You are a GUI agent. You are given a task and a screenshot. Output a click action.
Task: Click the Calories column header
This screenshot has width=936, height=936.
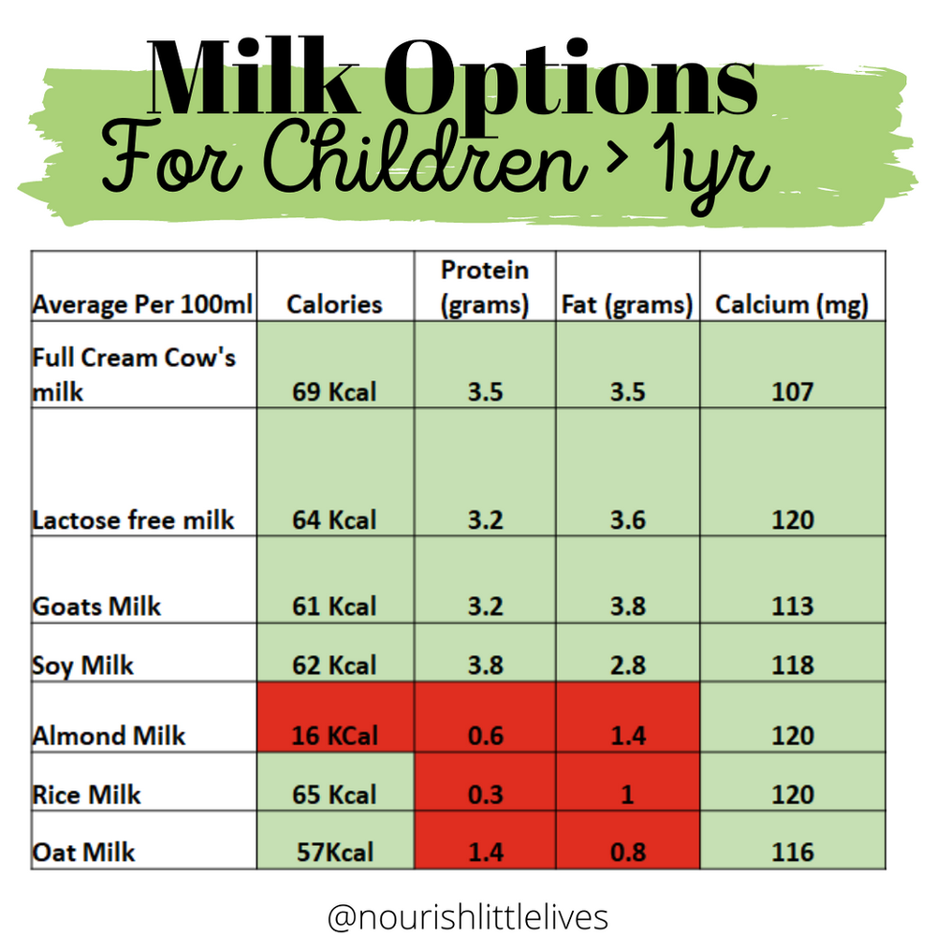pyautogui.click(x=334, y=304)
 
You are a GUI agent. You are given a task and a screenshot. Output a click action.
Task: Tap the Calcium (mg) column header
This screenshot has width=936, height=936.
pyautogui.click(x=792, y=304)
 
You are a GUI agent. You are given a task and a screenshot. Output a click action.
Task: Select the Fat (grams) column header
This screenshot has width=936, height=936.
pyautogui.click(x=627, y=304)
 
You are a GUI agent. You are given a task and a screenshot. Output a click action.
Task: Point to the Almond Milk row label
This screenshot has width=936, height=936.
pyautogui.click(x=109, y=736)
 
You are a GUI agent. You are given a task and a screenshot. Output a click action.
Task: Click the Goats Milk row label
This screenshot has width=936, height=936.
pyautogui.click(x=96, y=607)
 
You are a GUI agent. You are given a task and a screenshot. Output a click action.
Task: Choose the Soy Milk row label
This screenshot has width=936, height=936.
pyautogui.click(x=83, y=665)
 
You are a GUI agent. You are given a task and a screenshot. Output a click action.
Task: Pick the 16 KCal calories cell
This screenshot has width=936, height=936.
pyautogui.click(x=334, y=736)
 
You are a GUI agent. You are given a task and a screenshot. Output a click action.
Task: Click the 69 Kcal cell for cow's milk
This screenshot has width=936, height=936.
pyautogui.click(x=334, y=390)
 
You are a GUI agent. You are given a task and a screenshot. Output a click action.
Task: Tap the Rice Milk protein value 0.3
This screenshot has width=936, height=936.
pyautogui.click(x=485, y=795)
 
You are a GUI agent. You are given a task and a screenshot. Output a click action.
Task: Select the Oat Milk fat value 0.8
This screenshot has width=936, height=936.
pyautogui.click(x=627, y=853)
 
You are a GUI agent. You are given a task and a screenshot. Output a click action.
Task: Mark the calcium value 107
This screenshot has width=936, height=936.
pyautogui.click(x=792, y=390)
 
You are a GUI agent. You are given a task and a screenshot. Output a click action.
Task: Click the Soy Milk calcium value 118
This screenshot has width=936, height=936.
pyautogui.click(x=792, y=665)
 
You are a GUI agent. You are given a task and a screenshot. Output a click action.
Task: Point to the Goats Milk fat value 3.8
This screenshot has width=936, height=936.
pyautogui.click(x=627, y=607)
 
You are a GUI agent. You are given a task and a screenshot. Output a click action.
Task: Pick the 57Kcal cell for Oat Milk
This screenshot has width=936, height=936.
pyautogui.click(x=334, y=853)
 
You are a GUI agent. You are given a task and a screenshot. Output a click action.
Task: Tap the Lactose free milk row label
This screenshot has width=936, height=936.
pyautogui.click(x=133, y=520)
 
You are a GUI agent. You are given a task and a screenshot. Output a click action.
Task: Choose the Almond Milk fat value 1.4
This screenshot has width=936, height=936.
pyautogui.click(x=627, y=736)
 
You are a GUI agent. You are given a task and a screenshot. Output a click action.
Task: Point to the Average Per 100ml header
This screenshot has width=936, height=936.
pyautogui.click(x=142, y=305)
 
